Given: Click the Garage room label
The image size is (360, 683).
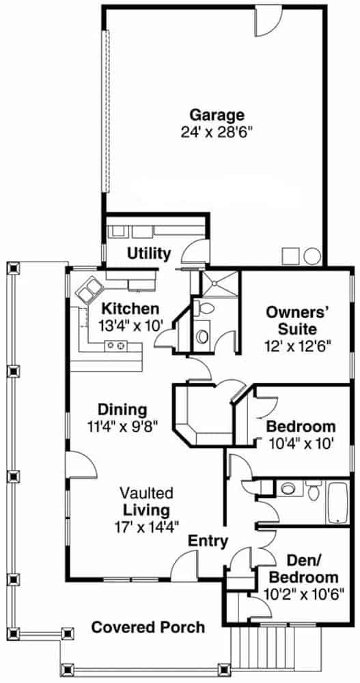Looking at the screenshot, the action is click(217, 115).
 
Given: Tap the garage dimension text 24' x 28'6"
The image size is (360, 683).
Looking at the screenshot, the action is click(217, 132).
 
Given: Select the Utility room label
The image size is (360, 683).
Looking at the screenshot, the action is click(149, 253).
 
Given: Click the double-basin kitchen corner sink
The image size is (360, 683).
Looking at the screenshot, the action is click(89, 289).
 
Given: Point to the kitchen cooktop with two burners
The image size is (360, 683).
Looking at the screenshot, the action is click(116, 346).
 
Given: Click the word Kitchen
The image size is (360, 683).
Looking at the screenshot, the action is click(130, 309).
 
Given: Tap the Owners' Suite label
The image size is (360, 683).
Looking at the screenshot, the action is click(297, 320).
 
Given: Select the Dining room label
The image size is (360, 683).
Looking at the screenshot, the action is click(122, 410).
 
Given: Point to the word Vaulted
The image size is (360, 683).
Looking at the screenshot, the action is click(146, 494).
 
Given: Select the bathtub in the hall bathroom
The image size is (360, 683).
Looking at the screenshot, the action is click(337, 503).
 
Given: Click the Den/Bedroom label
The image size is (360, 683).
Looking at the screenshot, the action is click(304, 570).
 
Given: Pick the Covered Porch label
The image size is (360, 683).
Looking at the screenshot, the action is click(148, 627).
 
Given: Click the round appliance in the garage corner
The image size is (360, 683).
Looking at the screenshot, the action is click(312, 256).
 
